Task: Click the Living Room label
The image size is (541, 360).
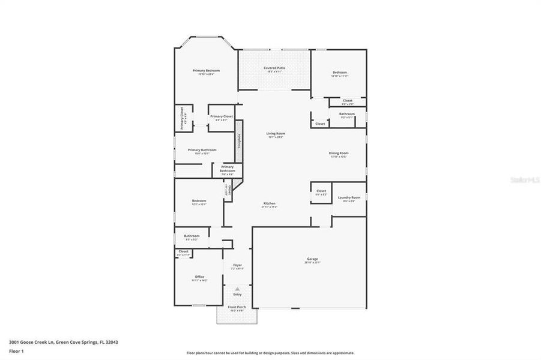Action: point(276,133)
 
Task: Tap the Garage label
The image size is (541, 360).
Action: point(312,259)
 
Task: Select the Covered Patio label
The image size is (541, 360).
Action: point(274,68)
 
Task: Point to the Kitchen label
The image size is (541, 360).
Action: point(269,203)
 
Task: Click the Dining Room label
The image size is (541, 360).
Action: point(339,153)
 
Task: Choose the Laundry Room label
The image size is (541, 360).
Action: point(349,197)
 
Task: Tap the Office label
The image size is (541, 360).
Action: point(199,277)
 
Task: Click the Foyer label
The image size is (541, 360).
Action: point(237,265)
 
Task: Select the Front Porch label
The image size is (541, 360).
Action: point(236,307)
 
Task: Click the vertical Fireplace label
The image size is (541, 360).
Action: point(239,140)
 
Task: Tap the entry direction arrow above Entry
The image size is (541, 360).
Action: point(237,289)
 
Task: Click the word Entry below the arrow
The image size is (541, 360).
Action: point(237,294)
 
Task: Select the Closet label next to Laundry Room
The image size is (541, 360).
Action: point(321,191)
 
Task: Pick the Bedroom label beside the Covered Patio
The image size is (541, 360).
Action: point(340,73)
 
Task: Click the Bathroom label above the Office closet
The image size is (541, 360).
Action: point(192,236)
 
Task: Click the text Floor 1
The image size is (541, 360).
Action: point(17,351)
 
